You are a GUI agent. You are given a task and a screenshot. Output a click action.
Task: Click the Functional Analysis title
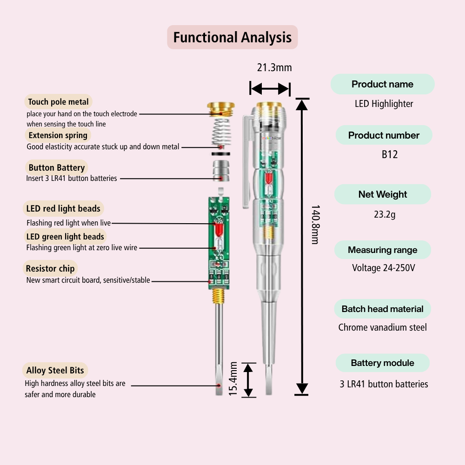tap(232, 37)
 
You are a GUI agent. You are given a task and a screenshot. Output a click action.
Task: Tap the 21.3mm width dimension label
tap(274, 67)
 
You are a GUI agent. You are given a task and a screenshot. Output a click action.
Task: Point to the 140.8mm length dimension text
tap(315, 225)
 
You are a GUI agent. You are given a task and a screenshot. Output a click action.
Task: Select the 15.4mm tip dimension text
tap(233, 379)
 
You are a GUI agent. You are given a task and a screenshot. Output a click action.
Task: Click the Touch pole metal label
tap(58, 102)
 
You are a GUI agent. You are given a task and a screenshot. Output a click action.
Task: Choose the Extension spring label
tap(58, 135)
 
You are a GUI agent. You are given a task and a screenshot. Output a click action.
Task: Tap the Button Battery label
tap(56, 168)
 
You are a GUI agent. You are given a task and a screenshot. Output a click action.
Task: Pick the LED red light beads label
tap(63, 209)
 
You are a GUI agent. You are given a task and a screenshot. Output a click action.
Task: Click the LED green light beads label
tap(65, 237)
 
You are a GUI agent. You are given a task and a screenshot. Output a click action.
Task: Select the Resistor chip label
tap(50, 268)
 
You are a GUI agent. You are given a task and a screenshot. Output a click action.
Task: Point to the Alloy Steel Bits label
tap(55, 371)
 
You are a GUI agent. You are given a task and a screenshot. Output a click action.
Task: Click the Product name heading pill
tap(382, 84)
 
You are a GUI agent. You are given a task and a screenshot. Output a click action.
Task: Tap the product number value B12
tap(390, 154)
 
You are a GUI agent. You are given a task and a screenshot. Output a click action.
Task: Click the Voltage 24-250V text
tap(383, 268)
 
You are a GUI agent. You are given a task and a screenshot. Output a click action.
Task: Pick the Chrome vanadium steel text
tap(382, 327)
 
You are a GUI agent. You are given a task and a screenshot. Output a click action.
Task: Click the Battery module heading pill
tap(382, 363)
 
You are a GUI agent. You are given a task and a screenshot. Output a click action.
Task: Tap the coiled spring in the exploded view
tap(221, 132)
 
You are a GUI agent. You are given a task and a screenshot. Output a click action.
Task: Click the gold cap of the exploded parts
tap(221, 109)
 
